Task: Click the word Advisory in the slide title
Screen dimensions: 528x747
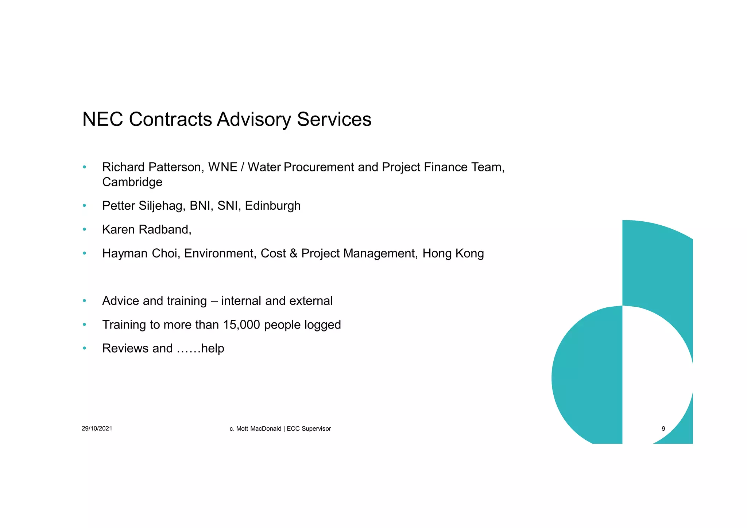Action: pos(254,120)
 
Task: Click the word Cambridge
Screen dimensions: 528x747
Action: pos(132,182)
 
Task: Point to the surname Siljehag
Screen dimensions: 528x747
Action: pos(162,206)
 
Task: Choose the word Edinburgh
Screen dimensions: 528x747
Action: pos(272,206)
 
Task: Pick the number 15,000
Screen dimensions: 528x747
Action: pos(241,325)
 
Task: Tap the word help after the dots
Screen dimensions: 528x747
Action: pos(213,348)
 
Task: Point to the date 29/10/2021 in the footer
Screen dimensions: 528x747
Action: pos(97,428)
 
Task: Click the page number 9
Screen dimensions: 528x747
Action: pos(663,428)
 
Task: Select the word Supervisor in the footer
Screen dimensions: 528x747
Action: pos(316,428)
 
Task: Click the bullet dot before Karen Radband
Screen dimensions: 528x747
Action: pos(84,229)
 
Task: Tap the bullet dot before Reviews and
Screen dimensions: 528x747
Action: pos(84,348)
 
